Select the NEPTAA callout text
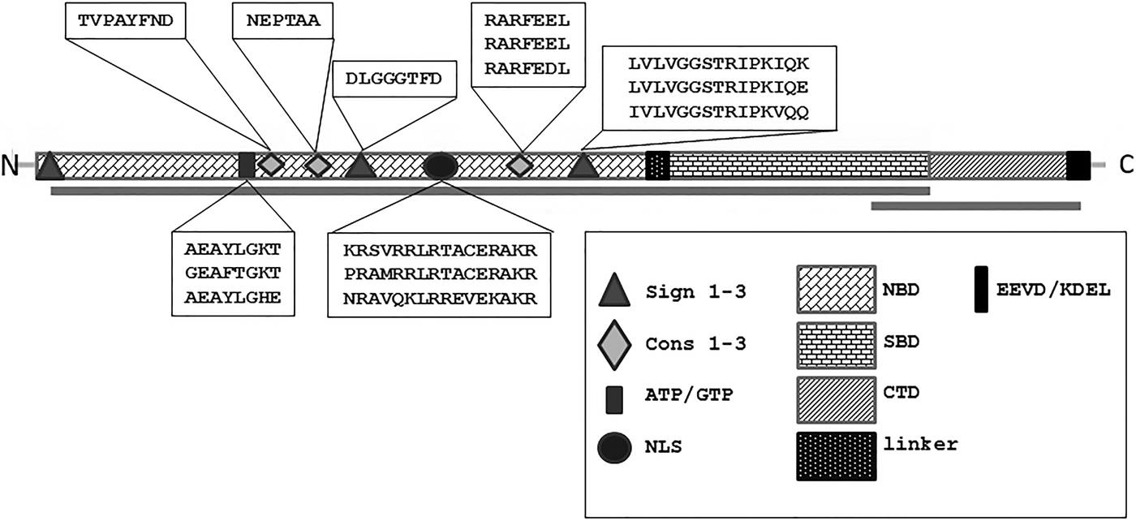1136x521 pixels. click(277, 22)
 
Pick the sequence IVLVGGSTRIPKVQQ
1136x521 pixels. click(718, 111)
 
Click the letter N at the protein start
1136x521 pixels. click(11, 166)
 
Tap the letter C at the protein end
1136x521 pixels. click(1126, 166)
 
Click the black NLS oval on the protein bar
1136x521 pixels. click(441, 166)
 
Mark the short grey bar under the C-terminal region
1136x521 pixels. click(975, 206)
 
